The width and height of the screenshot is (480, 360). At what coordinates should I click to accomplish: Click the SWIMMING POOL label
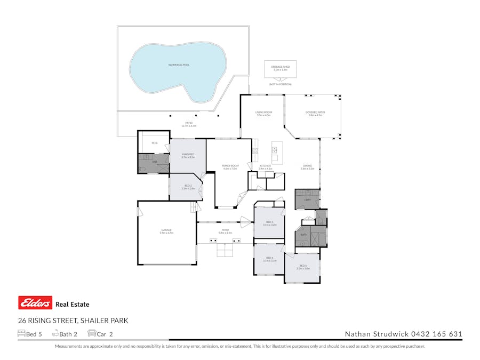tap(179, 65)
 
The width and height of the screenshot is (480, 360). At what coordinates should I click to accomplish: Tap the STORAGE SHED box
tap(280, 69)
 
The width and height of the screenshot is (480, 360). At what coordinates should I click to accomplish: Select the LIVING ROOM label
tap(263, 113)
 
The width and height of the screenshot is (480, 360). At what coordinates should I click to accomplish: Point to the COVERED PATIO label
tap(315, 113)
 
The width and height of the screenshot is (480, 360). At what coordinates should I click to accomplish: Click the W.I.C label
tap(154, 143)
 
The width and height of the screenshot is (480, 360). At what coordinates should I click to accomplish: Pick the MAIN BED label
tap(188, 154)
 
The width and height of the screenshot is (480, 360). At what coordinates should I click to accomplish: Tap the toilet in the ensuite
tap(142, 169)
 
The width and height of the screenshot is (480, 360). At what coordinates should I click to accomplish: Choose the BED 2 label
tap(188, 187)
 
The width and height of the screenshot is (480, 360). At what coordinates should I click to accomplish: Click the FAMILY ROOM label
tap(230, 166)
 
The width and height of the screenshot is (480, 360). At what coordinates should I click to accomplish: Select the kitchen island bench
tap(276, 153)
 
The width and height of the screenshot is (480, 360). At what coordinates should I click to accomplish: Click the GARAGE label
tap(166, 230)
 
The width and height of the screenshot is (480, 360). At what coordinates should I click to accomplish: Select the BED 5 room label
tap(303, 266)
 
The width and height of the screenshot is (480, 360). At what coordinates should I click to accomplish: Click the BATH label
tap(303, 234)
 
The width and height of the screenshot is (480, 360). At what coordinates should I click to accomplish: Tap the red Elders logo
tap(35, 303)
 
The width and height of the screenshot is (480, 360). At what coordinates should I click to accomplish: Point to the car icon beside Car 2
tap(91, 334)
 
